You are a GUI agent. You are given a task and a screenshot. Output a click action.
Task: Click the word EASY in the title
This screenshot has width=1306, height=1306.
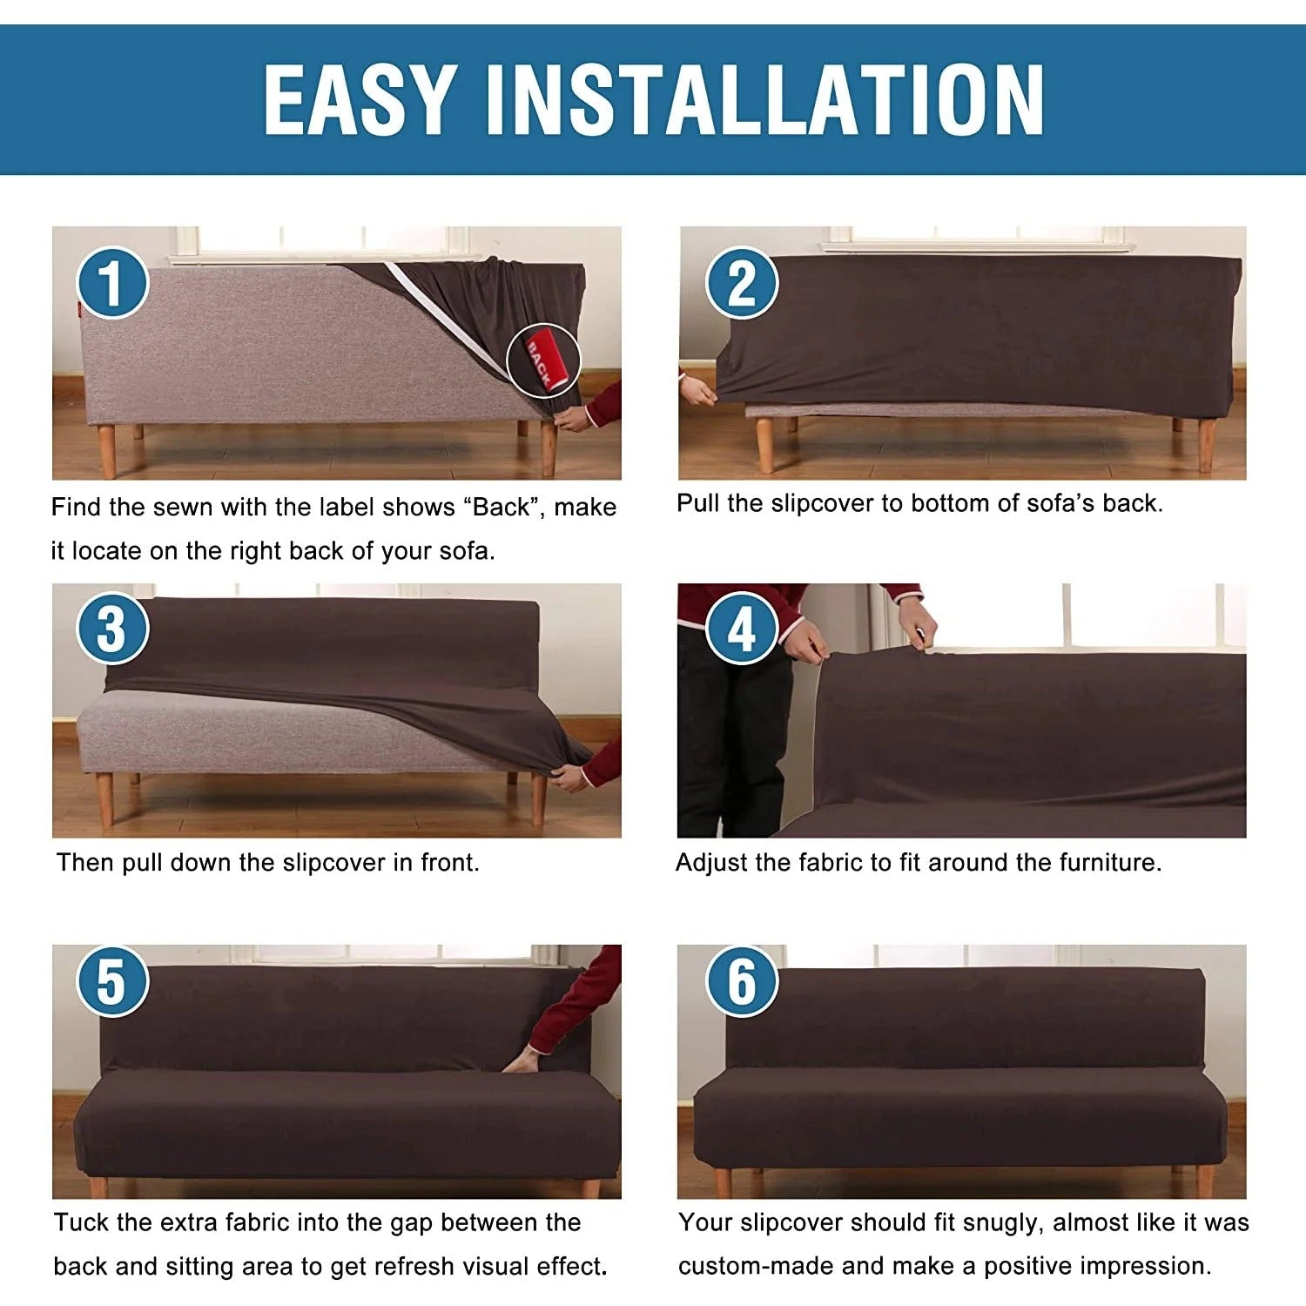coord(360,99)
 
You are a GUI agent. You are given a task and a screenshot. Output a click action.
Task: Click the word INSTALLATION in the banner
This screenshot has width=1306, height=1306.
coord(765,99)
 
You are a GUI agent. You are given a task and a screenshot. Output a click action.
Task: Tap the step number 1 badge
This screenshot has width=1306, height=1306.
coord(112,282)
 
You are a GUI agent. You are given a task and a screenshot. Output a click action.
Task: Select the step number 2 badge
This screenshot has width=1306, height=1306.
coord(741,282)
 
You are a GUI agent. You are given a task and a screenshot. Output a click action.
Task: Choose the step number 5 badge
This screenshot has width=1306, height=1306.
coord(112,981)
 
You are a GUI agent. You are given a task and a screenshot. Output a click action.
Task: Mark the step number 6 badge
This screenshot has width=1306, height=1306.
coord(741,981)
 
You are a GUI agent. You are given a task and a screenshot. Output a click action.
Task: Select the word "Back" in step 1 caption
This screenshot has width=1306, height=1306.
coord(500,507)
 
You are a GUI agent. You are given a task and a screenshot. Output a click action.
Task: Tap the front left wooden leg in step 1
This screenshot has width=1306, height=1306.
coord(107,451)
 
